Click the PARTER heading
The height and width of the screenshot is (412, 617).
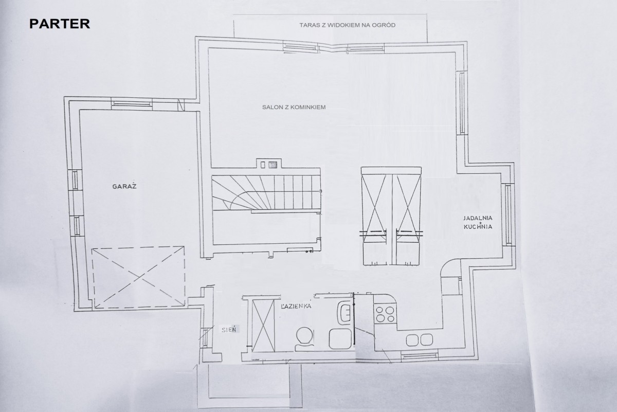pyautogui.click(x=60, y=24)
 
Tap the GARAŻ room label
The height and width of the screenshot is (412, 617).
pyautogui.click(x=124, y=186)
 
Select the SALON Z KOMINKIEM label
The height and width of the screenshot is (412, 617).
pyautogui.click(x=294, y=107)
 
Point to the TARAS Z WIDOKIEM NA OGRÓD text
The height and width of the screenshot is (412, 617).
pyautogui.click(x=348, y=25)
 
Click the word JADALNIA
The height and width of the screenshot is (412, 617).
pyautogui.click(x=478, y=218)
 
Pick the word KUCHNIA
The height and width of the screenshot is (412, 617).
pyautogui.click(x=478, y=227)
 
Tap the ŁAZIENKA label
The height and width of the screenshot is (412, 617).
pyautogui.click(x=296, y=306)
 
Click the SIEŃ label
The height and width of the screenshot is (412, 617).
pyautogui.click(x=229, y=329)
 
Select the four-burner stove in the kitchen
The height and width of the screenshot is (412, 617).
pyautogui.click(x=385, y=314)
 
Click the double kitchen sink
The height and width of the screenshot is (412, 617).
pyautogui.click(x=419, y=340)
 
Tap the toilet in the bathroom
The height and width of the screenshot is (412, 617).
pyautogui.click(x=304, y=339)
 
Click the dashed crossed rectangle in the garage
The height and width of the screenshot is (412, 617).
pyautogui.click(x=138, y=277)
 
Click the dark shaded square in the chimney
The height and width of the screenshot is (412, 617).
pyautogui.click(x=273, y=165)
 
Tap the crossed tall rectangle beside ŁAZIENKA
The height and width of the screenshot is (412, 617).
pyautogui.click(x=264, y=326)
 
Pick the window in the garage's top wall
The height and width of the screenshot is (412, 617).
pyautogui.click(x=132, y=103)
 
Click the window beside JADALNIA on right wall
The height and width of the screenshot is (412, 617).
pyautogui.click(x=508, y=214)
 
